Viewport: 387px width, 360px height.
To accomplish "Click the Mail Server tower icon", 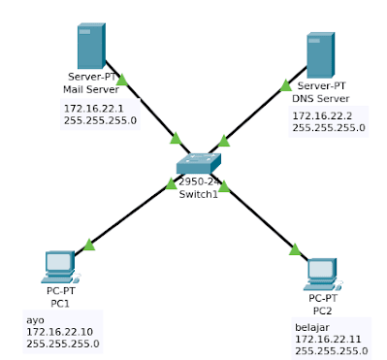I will click(90, 47).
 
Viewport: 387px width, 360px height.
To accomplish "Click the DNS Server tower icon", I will click(320, 56).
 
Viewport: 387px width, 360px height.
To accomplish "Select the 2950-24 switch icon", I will click(201, 164).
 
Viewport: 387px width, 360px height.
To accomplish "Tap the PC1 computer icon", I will click(60, 264).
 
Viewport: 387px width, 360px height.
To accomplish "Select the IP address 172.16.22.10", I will click(60, 331).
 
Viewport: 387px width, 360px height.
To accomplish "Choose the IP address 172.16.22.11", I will click(328, 340).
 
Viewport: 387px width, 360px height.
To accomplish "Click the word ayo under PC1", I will click(34, 319).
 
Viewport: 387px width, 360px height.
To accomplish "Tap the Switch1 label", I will click(200, 193).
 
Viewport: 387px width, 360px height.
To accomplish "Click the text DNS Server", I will click(319, 98).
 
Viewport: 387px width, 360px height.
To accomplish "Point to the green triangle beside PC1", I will click(89, 245).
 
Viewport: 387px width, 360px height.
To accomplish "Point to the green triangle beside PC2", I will click(294, 250).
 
